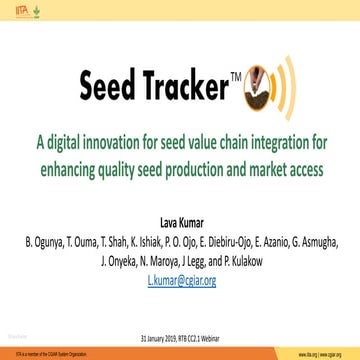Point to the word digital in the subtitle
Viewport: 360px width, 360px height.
76,142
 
